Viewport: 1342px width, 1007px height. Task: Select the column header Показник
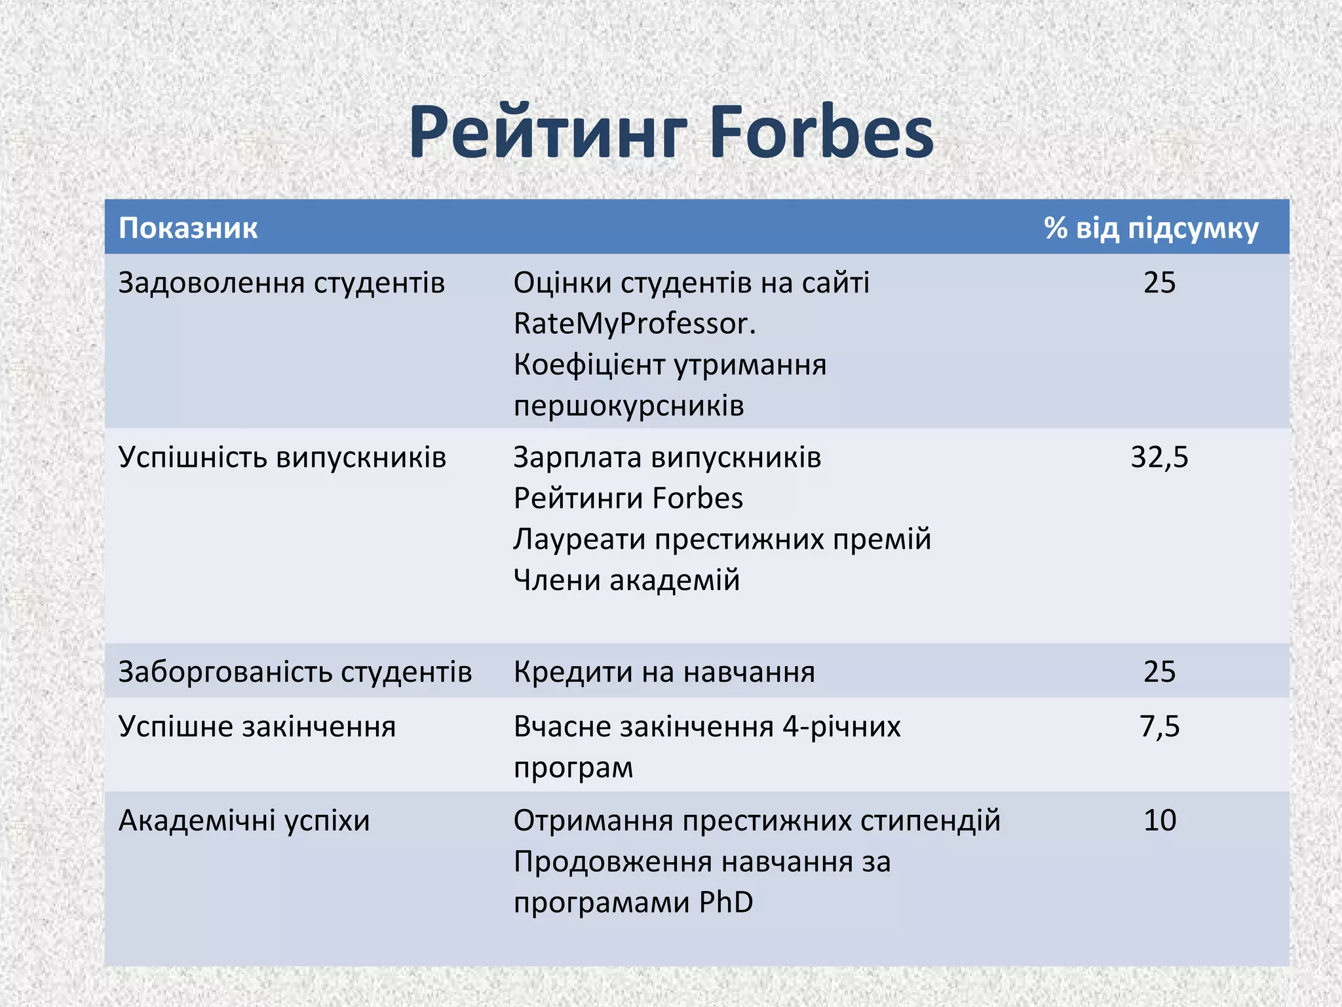click(188, 228)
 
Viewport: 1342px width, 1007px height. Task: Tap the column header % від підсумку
click(1151, 228)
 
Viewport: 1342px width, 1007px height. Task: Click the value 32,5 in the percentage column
click(1159, 457)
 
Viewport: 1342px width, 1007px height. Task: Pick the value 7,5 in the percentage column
click(1159, 726)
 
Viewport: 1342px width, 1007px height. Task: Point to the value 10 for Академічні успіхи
click(1159, 820)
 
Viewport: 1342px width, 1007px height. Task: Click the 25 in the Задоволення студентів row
click(1159, 283)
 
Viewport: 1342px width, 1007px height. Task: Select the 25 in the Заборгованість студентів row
click(1159, 671)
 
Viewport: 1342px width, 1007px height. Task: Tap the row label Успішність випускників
click(282, 457)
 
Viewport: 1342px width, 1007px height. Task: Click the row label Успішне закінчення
click(257, 726)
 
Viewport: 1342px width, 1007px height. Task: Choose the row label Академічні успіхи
click(244, 820)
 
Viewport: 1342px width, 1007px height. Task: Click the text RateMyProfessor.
click(634, 324)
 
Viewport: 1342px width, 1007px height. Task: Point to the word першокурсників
click(629, 406)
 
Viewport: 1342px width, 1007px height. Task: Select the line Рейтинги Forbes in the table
click(628, 498)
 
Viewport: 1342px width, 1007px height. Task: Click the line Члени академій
click(626, 580)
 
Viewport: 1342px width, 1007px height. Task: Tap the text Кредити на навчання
click(664, 672)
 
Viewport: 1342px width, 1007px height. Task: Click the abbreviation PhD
click(726, 902)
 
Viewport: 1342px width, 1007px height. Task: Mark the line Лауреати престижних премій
click(722, 540)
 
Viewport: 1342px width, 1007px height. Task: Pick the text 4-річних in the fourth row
click(841, 726)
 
